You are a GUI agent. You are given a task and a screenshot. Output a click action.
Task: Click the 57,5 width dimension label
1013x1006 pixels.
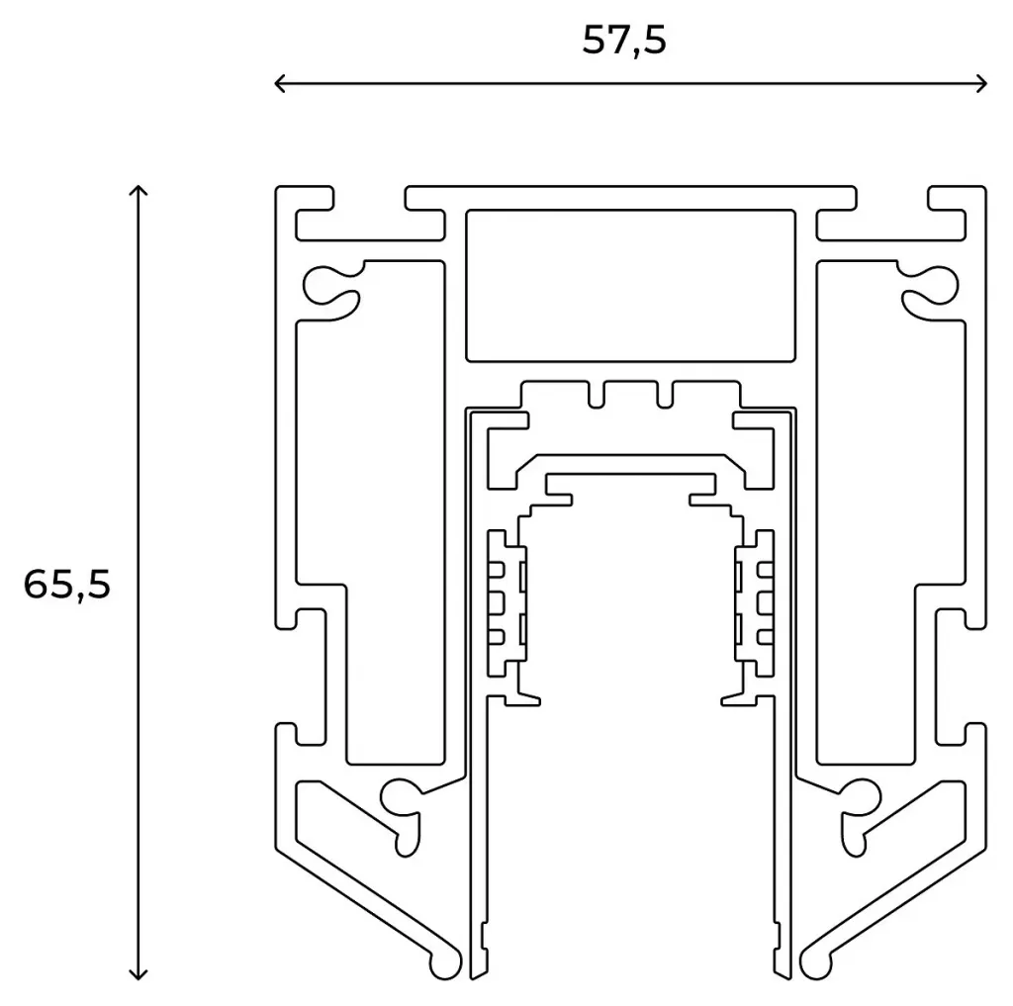coord(624,41)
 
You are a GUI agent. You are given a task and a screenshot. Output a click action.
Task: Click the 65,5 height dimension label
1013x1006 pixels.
coord(67,585)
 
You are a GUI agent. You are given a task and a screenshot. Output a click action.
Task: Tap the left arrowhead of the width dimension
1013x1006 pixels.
coord(278,84)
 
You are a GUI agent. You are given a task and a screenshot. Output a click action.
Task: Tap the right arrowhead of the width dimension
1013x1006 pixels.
coord(983,84)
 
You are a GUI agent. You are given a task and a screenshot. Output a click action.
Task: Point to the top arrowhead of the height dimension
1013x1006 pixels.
coord(139,189)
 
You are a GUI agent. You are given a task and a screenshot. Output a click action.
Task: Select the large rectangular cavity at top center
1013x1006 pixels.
coord(631,285)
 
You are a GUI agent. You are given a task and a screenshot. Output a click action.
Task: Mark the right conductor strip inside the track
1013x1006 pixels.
coord(754,599)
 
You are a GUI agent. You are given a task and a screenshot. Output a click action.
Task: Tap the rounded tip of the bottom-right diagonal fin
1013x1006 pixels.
coord(816,962)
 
